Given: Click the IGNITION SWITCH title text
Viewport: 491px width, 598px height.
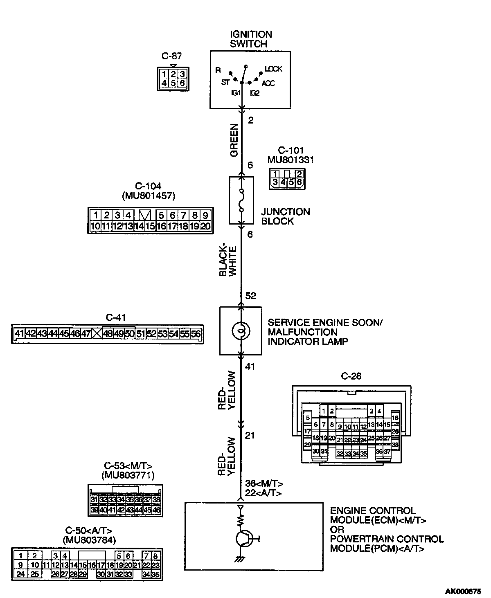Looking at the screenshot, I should click(x=250, y=39).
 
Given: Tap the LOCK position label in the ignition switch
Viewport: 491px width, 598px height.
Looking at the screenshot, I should click(x=273, y=69).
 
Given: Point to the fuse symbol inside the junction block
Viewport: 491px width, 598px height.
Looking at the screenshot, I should click(x=241, y=200).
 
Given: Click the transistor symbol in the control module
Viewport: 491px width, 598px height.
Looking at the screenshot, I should click(x=244, y=539).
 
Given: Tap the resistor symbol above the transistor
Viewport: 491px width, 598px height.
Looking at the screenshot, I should click(x=241, y=520).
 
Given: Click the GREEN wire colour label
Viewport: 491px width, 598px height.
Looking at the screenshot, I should click(x=234, y=140).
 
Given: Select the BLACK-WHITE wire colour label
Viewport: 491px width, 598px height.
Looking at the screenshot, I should click(x=228, y=261).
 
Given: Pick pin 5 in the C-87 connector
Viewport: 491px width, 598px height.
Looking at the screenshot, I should click(x=173, y=83).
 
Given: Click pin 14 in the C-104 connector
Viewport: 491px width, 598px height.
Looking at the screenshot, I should click(x=139, y=226).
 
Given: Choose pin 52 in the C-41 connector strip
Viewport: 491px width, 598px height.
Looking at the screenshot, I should click(x=151, y=334).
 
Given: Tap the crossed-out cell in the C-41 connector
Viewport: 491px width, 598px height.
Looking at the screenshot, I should click(x=97, y=334).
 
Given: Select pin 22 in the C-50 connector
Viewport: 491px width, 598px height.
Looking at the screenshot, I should click(x=146, y=565).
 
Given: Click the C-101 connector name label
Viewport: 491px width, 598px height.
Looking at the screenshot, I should click(x=291, y=151).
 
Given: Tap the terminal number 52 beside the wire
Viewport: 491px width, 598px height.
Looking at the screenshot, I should click(x=250, y=296).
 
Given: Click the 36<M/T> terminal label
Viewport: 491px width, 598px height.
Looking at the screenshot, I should click(x=264, y=483).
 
